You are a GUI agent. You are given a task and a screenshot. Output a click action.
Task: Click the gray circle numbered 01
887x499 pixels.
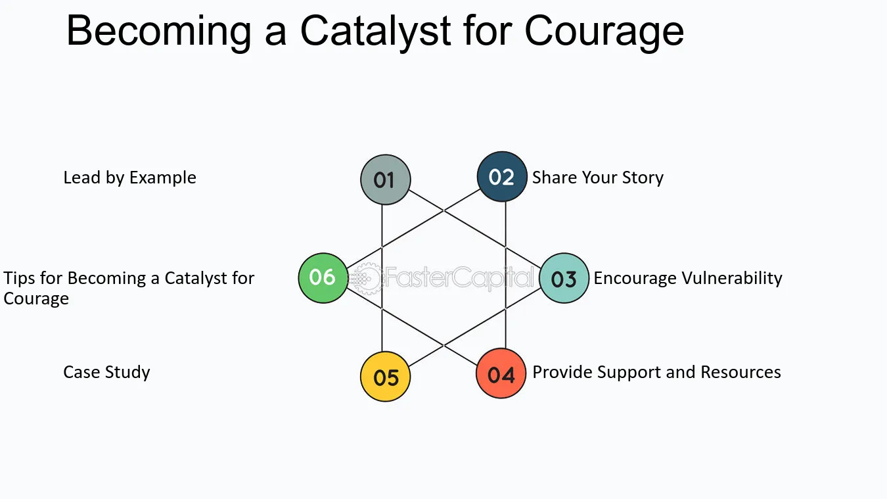click(x=386, y=179)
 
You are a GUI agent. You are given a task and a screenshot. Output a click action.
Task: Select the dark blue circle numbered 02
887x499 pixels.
click(x=502, y=177)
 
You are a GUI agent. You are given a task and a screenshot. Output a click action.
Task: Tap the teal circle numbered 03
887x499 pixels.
click(x=564, y=279)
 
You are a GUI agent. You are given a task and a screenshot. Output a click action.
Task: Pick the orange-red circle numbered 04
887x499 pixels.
click(x=501, y=373)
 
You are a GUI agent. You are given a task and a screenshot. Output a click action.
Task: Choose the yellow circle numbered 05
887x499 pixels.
click(x=386, y=377)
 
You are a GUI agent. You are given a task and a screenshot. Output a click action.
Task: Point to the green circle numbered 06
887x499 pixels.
click(x=323, y=277)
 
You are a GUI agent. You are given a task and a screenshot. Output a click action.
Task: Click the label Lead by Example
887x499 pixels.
click(x=129, y=178)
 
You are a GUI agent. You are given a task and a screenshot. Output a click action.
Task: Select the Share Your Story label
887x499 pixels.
click(x=597, y=178)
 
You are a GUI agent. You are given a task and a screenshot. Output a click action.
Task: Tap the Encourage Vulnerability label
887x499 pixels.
click(x=687, y=278)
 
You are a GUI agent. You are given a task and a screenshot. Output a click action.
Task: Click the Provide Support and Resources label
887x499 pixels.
click(x=656, y=372)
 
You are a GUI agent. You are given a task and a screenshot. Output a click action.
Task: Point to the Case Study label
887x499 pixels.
click(x=106, y=372)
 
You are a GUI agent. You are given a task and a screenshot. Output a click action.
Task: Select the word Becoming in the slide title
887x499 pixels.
click(x=158, y=32)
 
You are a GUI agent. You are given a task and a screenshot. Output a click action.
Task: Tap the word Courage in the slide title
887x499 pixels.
click(x=604, y=32)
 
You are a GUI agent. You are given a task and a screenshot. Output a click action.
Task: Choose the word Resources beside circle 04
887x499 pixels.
click(x=740, y=372)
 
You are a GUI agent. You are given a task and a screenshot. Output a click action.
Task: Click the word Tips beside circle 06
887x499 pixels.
click(x=19, y=278)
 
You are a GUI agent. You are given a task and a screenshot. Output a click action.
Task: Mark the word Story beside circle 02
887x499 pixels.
click(x=641, y=178)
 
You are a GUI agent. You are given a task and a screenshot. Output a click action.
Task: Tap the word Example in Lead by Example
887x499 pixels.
click(x=163, y=178)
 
